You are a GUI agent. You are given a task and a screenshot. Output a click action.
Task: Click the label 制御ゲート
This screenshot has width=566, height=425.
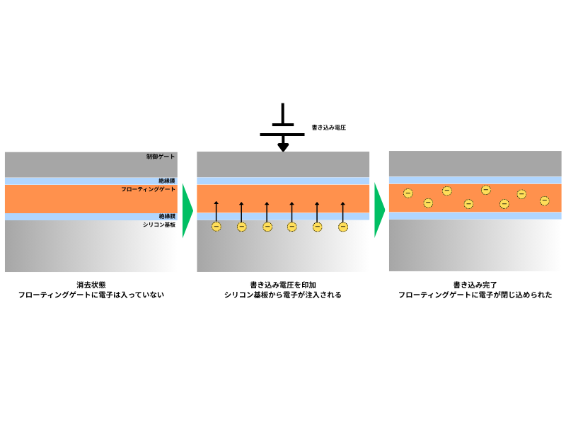(x=161, y=157)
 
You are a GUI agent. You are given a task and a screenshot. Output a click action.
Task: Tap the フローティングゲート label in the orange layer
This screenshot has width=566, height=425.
(x=148, y=190)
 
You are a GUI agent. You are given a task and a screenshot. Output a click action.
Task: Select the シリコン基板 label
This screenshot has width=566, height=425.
(x=158, y=224)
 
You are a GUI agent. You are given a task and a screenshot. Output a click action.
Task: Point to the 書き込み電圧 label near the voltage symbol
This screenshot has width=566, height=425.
(x=329, y=128)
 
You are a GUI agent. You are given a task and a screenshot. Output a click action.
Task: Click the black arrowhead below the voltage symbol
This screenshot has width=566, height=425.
(x=283, y=147)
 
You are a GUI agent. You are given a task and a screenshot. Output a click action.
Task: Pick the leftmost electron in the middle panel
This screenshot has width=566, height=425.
(x=216, y=227)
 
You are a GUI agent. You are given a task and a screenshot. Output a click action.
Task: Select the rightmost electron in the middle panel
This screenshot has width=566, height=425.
(x=343, y=227)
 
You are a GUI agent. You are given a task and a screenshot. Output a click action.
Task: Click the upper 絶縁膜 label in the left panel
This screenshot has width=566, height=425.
(x=167, y=181)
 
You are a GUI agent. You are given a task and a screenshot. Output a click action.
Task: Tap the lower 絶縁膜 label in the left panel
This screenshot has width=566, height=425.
(x=167, y=216)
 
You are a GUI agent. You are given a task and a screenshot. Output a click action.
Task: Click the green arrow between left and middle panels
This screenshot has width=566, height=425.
(x=187, y=210)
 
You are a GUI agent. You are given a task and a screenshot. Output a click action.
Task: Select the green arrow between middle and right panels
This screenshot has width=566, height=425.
(x=379, y=210)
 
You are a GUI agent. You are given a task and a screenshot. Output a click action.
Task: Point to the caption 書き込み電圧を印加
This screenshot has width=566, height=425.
(x=283, y=284)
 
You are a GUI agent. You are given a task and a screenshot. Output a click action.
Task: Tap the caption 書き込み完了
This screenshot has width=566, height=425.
(x=475, y=284)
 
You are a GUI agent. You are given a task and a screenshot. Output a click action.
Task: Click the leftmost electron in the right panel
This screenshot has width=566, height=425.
(x=408, y=193)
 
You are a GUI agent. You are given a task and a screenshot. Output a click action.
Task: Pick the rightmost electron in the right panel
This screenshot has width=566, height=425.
(x=544, y=200)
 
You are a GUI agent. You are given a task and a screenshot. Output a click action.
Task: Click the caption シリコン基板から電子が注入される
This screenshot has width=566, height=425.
(x=283, y=295)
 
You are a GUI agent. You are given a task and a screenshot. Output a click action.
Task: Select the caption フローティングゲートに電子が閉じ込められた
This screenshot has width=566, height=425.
(x=475, y=295)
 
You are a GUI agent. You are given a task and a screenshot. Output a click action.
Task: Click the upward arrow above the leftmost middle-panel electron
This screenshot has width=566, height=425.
(x=216, y=211)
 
